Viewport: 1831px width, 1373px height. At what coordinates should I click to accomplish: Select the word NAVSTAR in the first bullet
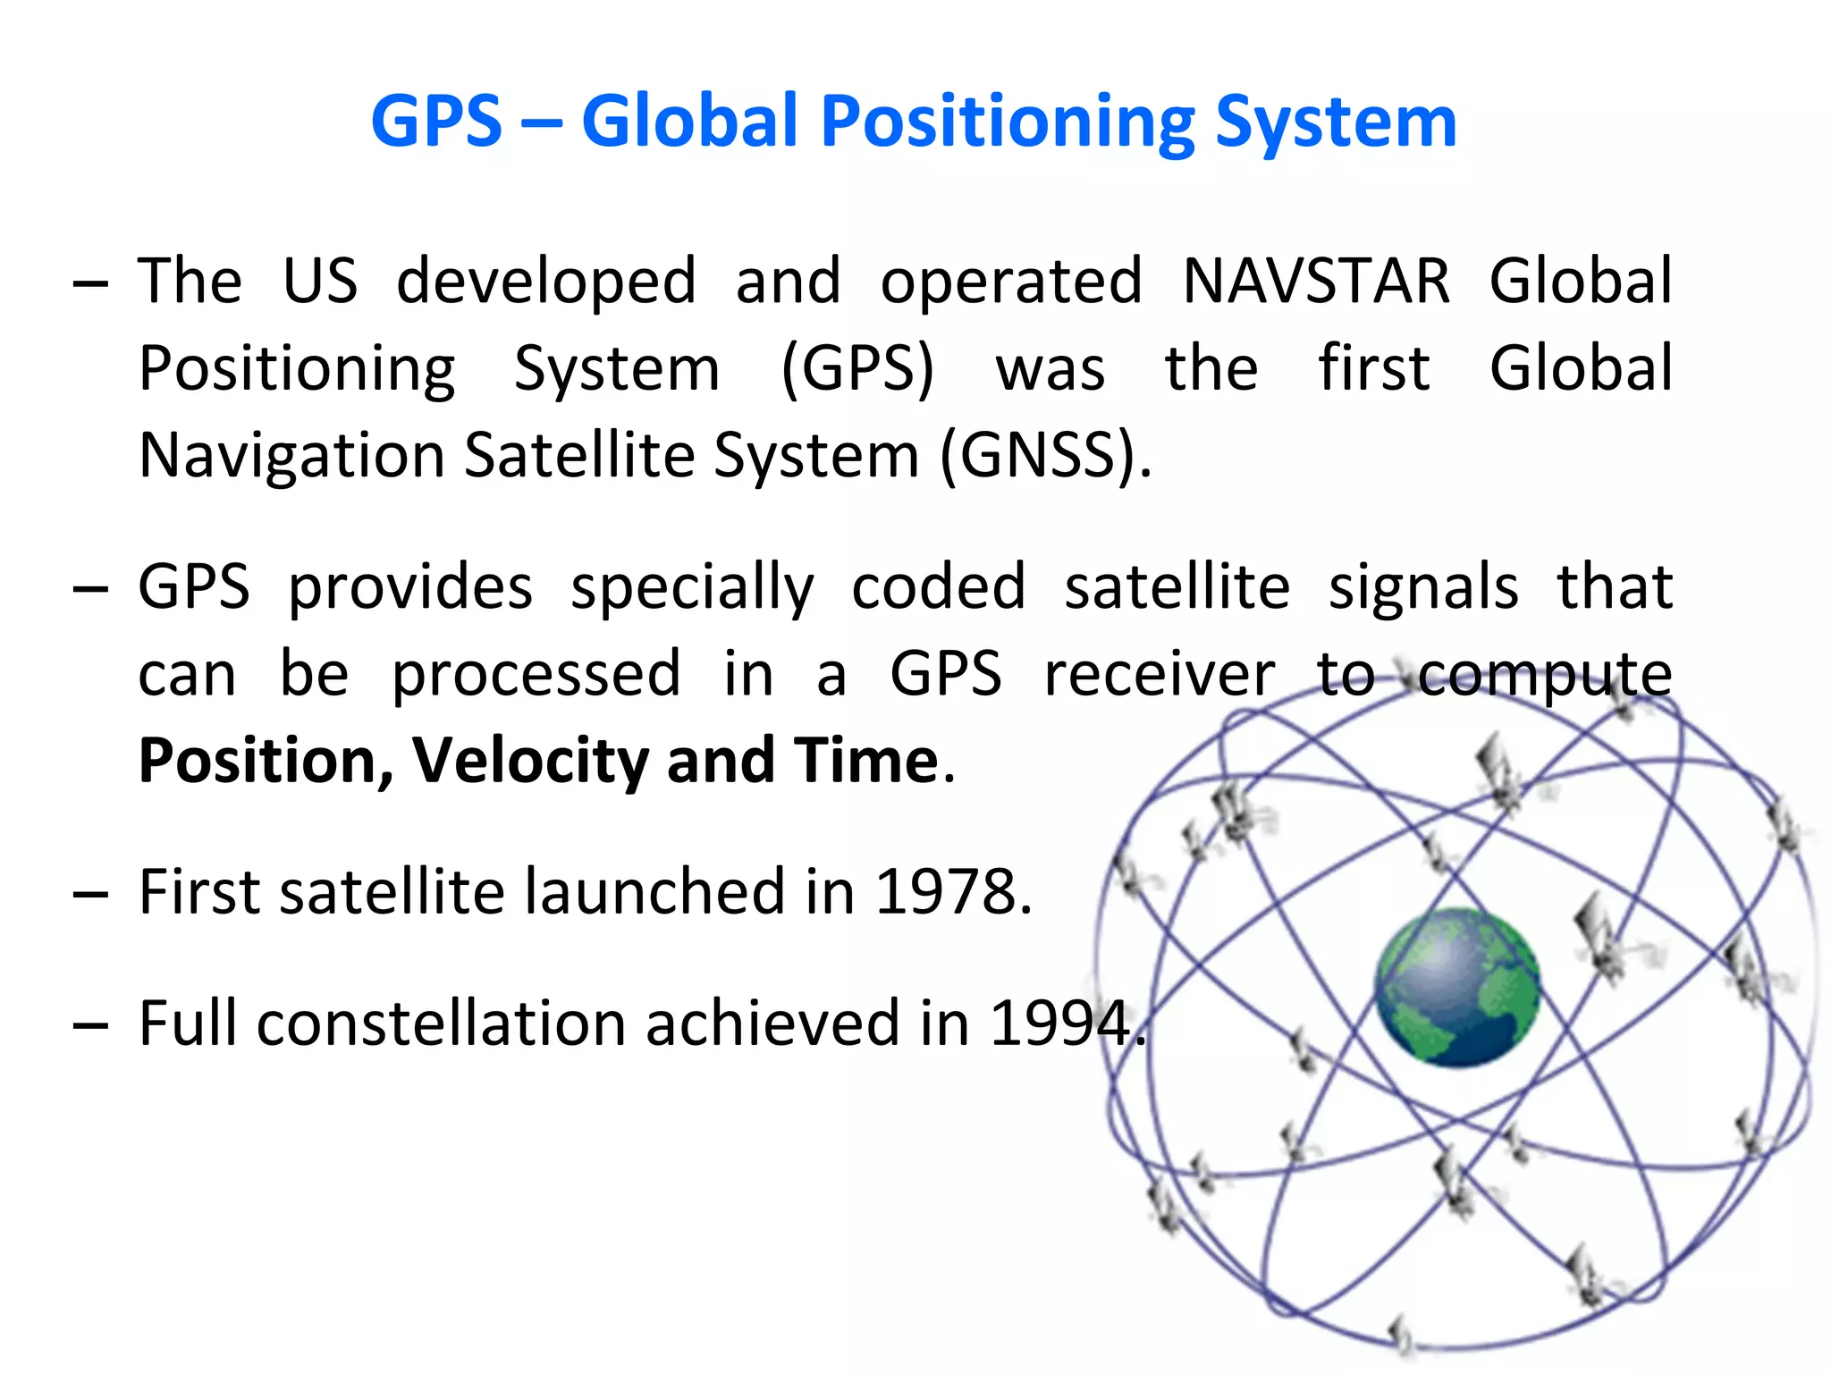click(1316, 281)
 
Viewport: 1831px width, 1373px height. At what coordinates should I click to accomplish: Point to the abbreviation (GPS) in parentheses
click(857, 368)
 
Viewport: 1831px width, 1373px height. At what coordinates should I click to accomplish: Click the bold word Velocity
click(530, 761)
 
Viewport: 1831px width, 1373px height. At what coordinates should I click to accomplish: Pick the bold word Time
click(865, 761)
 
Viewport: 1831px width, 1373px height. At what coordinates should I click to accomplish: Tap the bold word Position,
click(266, 761)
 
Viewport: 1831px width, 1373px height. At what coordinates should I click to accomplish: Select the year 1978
click(952, 891)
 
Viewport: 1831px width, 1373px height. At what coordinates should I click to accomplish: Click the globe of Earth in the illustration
click(1456, 987)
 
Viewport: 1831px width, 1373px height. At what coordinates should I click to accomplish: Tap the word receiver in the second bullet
click(1160, 674)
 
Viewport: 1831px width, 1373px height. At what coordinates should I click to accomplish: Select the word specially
click(692, 587)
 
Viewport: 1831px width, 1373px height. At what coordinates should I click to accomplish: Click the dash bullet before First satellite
click(91, 893)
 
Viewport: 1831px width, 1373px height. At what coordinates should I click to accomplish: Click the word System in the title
click(1337, 122)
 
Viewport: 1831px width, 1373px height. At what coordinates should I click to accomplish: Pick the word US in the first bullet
click(320, 281)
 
